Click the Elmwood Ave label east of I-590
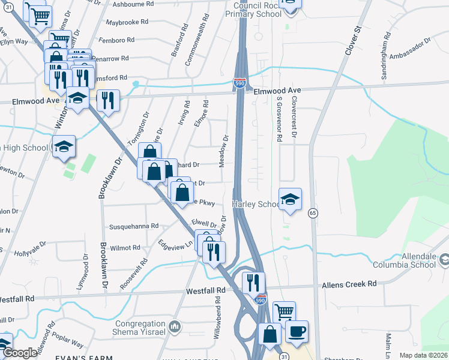[x=277, y=91]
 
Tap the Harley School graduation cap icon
[x=290, y=200]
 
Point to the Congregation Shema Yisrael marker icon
[x=175, y=327]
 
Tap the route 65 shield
[x=313, y=213]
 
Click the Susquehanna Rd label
[x=133, y=227]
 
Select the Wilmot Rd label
[x=124, y=247]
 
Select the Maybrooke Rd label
[x=126, y=22]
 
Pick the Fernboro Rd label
[x=117, y=40]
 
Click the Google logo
[x=20, y=353]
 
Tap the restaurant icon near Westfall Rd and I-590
[x=253, y=283]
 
